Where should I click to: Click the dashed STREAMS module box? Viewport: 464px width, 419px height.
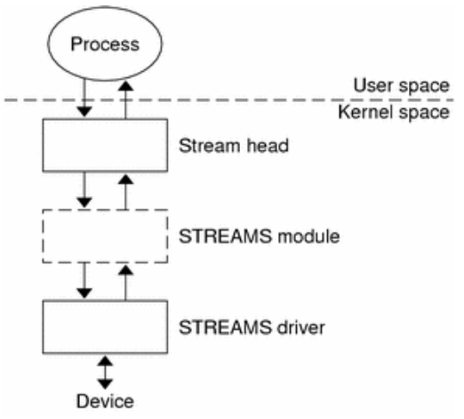pos(106,236)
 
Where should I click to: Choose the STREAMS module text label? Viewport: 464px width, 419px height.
pos(259,238)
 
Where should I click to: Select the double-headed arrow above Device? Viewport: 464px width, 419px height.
pos(106,372)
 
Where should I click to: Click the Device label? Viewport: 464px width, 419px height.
pos(106,400)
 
